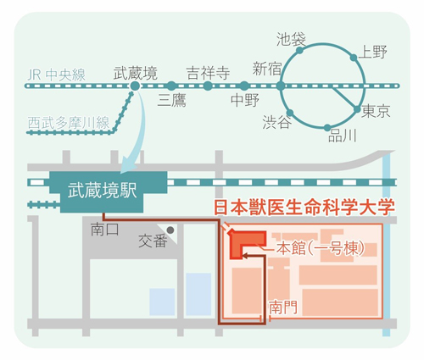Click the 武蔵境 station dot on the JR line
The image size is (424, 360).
pos(135,86)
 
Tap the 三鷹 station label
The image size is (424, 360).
pos(172,100)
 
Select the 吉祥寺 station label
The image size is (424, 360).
pos(208,74)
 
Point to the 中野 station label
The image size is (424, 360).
pos(245,100)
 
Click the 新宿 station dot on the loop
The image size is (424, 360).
pos(281,86)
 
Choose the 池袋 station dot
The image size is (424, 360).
pos(299,51)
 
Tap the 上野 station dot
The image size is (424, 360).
pos(354,58)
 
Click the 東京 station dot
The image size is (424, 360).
pos(357,109)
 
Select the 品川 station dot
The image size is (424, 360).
pos(327,128)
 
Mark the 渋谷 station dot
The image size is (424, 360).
pos(290,113)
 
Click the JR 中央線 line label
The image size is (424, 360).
pos(56,75)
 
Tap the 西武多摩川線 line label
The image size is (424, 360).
pos(69,123)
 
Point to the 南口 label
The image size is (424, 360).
pos(104,230)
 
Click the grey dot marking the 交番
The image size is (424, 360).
pos(170,230)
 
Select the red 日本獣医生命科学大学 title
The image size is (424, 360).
pos(304,208)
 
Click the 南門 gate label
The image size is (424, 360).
pos(283,307)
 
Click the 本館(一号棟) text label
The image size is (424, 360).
pos(320,249)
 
